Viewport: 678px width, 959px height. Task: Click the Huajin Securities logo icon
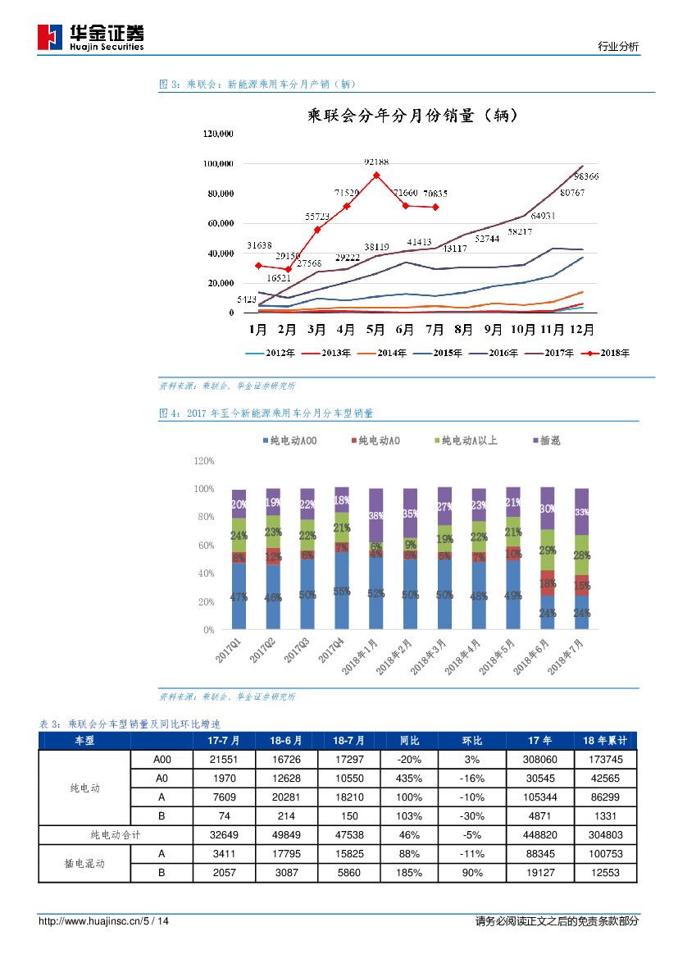[x=50, y=37]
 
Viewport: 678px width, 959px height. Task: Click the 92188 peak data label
[x=377, y=162]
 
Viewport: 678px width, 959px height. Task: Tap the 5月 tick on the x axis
[x=375, y=330]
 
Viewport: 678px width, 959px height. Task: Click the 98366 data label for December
[x=585, y=176]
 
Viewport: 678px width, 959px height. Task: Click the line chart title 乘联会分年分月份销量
[x=402, y=116]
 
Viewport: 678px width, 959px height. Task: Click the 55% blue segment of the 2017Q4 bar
[x=342, y=591]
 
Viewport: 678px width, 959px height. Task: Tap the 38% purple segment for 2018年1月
[x=376, y=516]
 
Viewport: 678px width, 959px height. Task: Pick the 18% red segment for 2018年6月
[x=547, y=582]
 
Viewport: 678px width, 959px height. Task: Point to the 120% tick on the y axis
[x=203, y=462]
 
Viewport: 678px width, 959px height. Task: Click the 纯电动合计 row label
[x=115, y=835]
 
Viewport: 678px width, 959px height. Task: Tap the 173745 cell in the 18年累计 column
[x=606, y=760]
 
